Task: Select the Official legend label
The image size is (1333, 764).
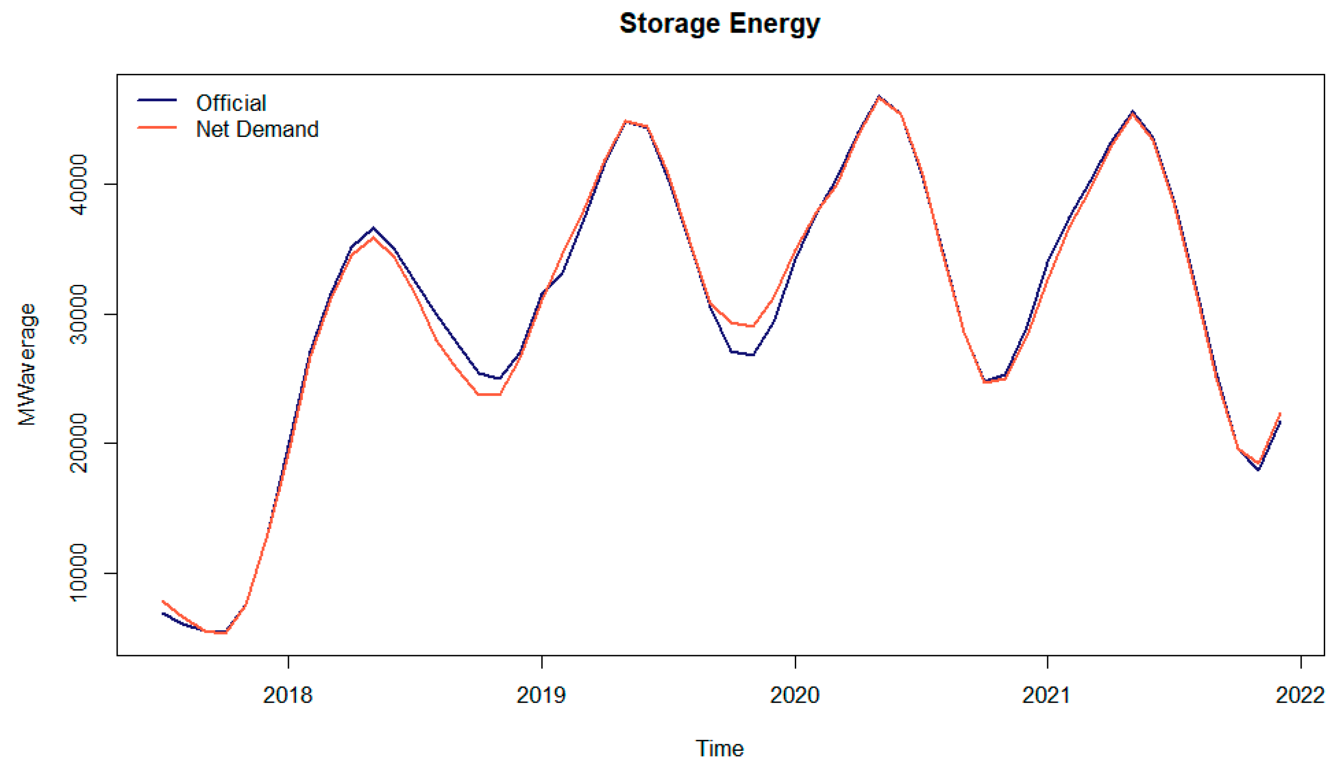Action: pyautogui.click(x=231, y=103)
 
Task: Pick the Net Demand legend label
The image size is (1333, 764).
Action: pyautogui.click(x=257, y=129)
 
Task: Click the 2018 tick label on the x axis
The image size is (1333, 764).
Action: pyautogui.click(x=288, y=695)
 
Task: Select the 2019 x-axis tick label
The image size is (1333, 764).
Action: pyautogui.click(x=541, y=695)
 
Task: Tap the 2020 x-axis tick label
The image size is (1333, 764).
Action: pyautogui.click(x=794, y=695)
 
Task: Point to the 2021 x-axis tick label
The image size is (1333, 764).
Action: pyautogui.click(x=1047, y=695)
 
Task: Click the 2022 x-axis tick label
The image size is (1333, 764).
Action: pyautogui.click(x=1300, y=695)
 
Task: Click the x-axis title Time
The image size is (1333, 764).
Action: pyautogui.click(x=719, y=748)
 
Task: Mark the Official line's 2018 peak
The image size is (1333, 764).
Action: pyautogui.click(x=373, y=228)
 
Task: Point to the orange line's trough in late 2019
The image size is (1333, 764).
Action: pyautogui.click(x=752, y=326)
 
